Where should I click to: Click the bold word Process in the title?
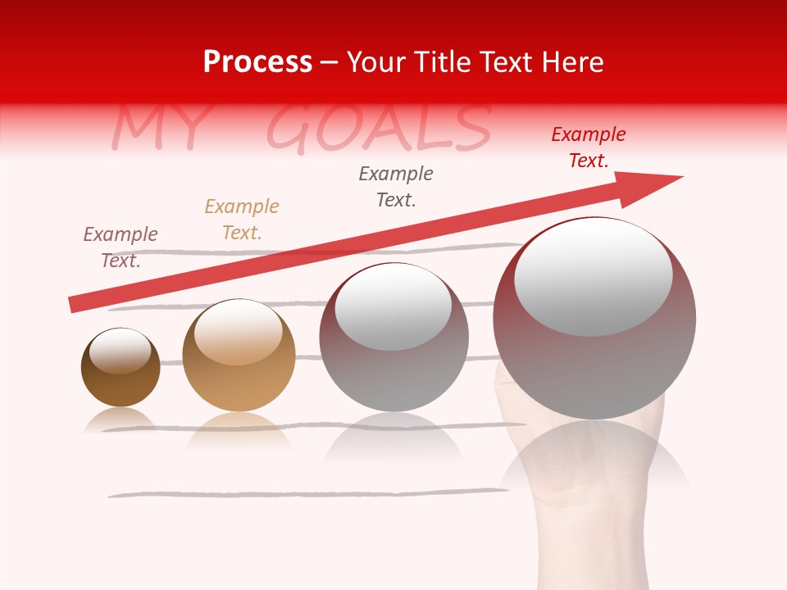click(257, 62)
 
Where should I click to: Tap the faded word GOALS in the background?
click(379, 129)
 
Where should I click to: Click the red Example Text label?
click(589, 147)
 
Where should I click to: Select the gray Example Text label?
click(396, 186)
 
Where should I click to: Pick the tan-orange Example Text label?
click(242, 220)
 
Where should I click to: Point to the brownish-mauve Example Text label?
click(121, 247)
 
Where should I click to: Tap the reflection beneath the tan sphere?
click(239, 431)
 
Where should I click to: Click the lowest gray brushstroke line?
click(307, 493)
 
